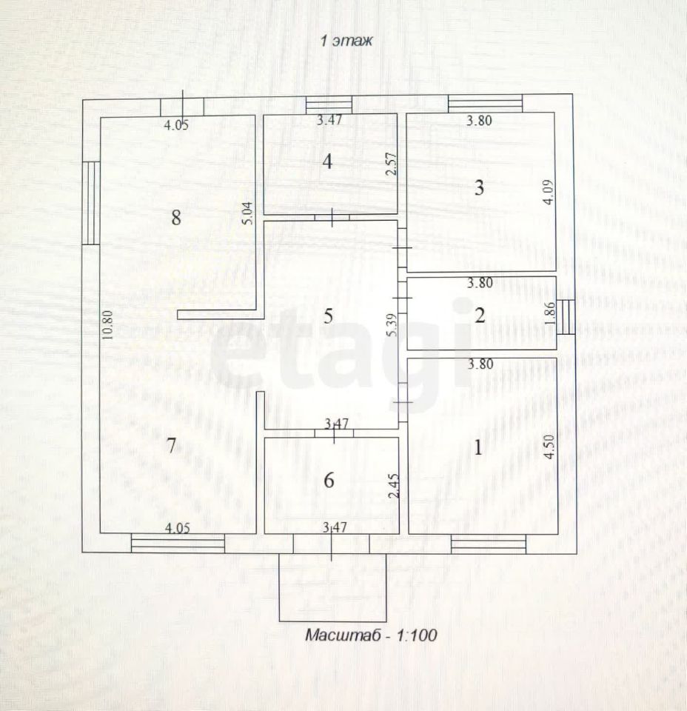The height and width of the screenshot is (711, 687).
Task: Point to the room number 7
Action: (x=171, y=446)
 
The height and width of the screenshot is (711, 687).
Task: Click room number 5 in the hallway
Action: (x=329, y=315)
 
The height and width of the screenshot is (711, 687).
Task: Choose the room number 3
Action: (x=479, y=187)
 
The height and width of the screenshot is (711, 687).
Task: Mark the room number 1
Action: (x=478, y=447)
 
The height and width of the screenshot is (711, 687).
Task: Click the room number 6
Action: (x=329, y=480)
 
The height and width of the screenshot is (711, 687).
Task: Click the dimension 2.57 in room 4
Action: (x=392, y=162)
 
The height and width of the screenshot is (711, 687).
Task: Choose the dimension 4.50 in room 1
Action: (x=549, y=447)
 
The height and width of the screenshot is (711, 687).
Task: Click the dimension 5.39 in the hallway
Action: (x=392, y=324)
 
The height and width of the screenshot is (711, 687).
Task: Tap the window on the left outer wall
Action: (x=91, y=203)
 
